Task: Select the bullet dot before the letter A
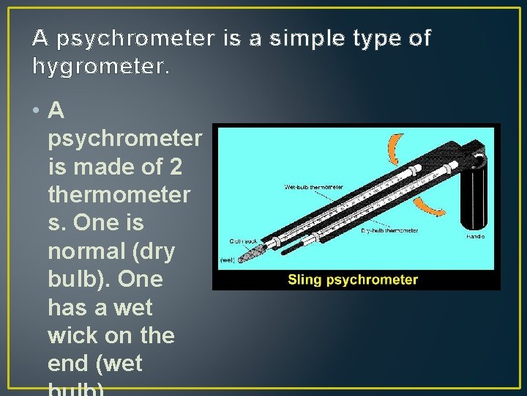tap(36, 111)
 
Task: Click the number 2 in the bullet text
tap(175, 167)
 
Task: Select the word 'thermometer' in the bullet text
tap(119, 195)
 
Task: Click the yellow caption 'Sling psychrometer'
tap(353, 279)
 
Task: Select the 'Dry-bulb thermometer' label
tap(389, 230)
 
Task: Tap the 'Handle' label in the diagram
tap(476, 237)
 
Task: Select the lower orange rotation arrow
tap(428, 202)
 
